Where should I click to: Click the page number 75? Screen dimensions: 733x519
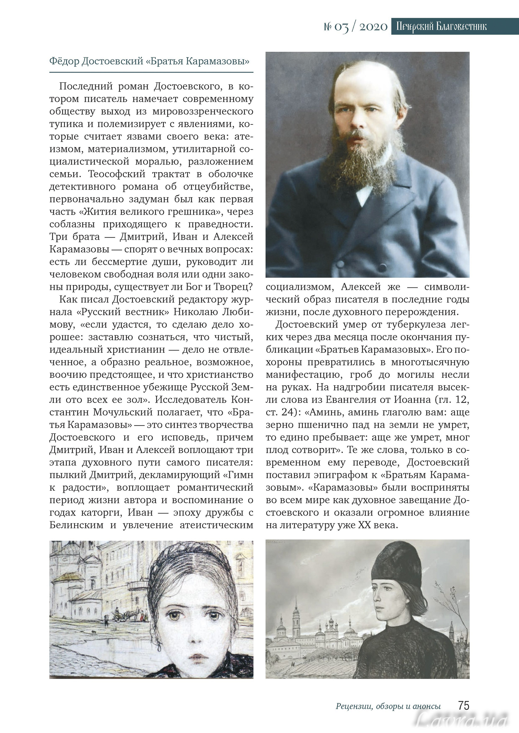(x=464, y=706)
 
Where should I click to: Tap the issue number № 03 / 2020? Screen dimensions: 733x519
(x=356, y=27)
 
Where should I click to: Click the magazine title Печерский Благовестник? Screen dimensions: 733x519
(x=441, y=27)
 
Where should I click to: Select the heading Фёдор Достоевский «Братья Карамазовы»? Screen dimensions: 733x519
(x=149, y=61)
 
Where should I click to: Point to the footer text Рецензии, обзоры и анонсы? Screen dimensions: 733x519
(x=388, y=707)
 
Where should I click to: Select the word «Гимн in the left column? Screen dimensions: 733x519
(x=238, y=475)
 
